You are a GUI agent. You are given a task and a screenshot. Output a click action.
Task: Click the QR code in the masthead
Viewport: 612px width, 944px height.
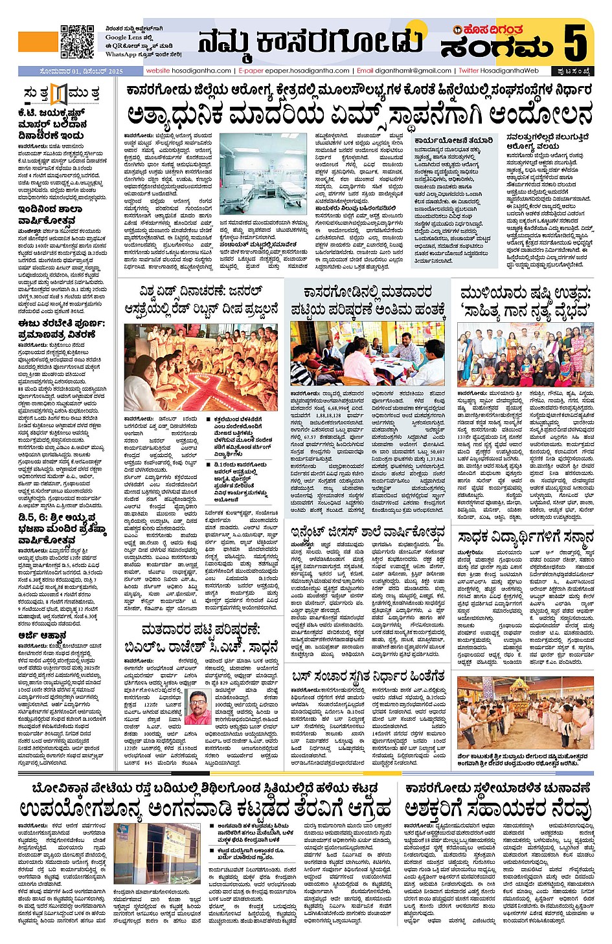click(x=78, y=41)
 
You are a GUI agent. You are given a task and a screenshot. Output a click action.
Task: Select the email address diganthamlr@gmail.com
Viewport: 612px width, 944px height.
click(x=411, y=71)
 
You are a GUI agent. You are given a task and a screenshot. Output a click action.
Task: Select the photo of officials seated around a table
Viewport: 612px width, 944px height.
click(x=367, y=353)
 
